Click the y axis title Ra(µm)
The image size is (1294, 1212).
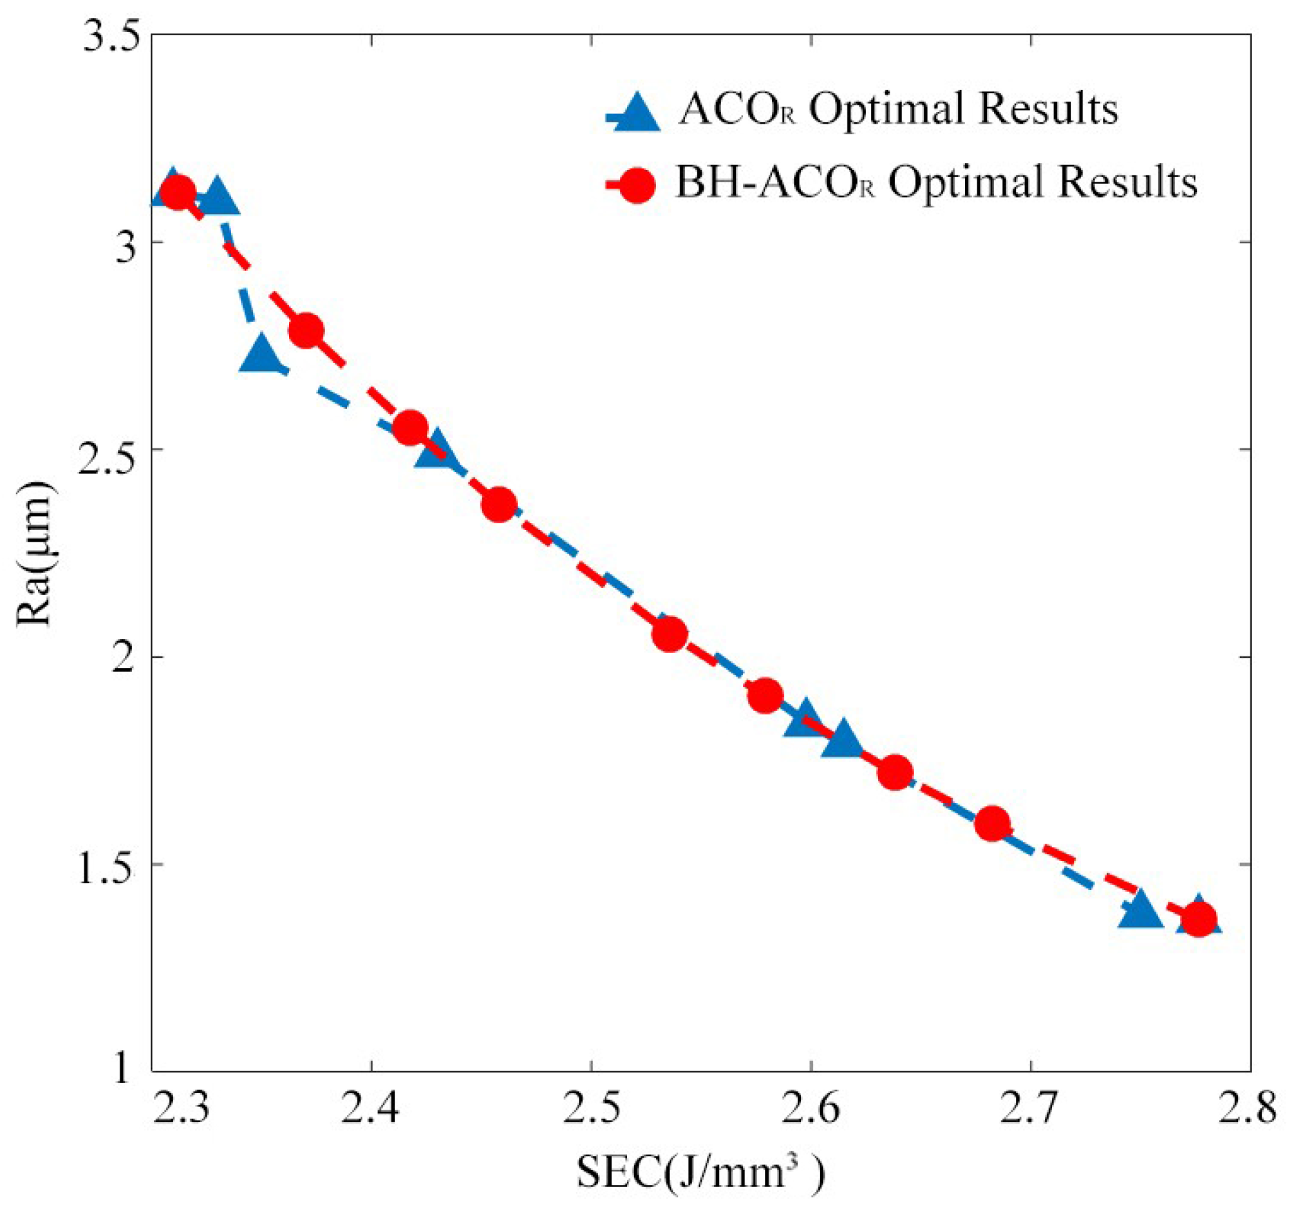point(35,553)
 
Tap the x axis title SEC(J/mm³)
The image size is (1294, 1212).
point(700,1172)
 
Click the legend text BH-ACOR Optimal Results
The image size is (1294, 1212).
point(936,183)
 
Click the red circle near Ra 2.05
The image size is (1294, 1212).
point(669,634)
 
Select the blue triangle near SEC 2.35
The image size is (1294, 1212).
point(260,354)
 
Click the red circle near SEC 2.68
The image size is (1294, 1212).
point(992,823)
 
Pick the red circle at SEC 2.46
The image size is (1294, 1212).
point(499,505)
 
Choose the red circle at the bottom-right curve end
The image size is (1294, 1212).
point(1199,919)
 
